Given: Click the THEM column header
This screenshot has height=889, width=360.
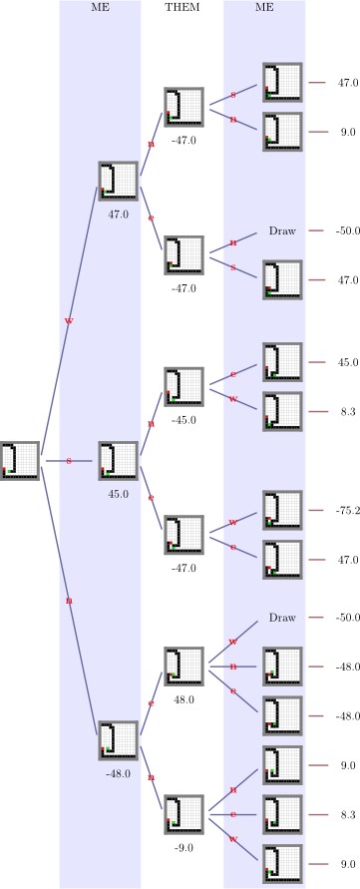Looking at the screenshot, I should pos(182,7).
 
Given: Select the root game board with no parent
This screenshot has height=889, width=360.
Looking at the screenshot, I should pos(20,461).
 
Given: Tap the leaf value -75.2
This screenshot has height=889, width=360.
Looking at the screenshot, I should pos(347,510).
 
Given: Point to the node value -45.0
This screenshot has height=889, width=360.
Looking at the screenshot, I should pos(183,420).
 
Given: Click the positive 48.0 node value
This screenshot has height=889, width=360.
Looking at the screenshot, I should pos(183,700).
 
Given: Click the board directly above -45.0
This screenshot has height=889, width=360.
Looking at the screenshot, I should pos(184,385).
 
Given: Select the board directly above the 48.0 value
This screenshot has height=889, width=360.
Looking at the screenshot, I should pos(184,666).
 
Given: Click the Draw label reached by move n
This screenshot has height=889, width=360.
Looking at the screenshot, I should pos(282,230).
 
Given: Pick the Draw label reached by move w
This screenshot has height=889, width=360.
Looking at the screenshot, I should pos(282,618).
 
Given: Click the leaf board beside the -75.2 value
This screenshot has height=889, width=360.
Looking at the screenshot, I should pos(282,510).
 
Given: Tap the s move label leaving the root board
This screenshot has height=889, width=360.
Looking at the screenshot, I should pos(69,461).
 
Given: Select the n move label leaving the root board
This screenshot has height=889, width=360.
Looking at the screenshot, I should pos(69,601).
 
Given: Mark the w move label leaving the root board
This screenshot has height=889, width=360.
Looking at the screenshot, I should pos(69,321).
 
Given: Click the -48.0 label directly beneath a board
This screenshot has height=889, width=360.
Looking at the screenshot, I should pos(119,773).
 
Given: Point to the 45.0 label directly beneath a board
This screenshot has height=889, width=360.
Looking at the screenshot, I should pos(119,494).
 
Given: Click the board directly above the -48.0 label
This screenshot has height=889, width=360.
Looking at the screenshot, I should pos(119,740).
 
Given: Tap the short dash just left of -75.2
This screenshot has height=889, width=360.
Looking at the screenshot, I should pos(316,510).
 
